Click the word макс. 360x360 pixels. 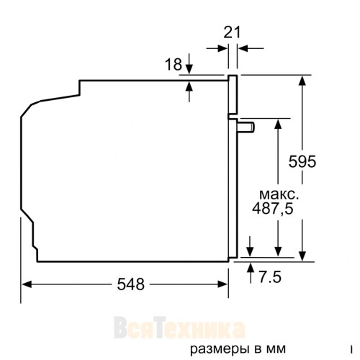coord(277,194)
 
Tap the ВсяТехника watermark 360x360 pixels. coord(180,330)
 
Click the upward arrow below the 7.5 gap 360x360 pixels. coord(249,269)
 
